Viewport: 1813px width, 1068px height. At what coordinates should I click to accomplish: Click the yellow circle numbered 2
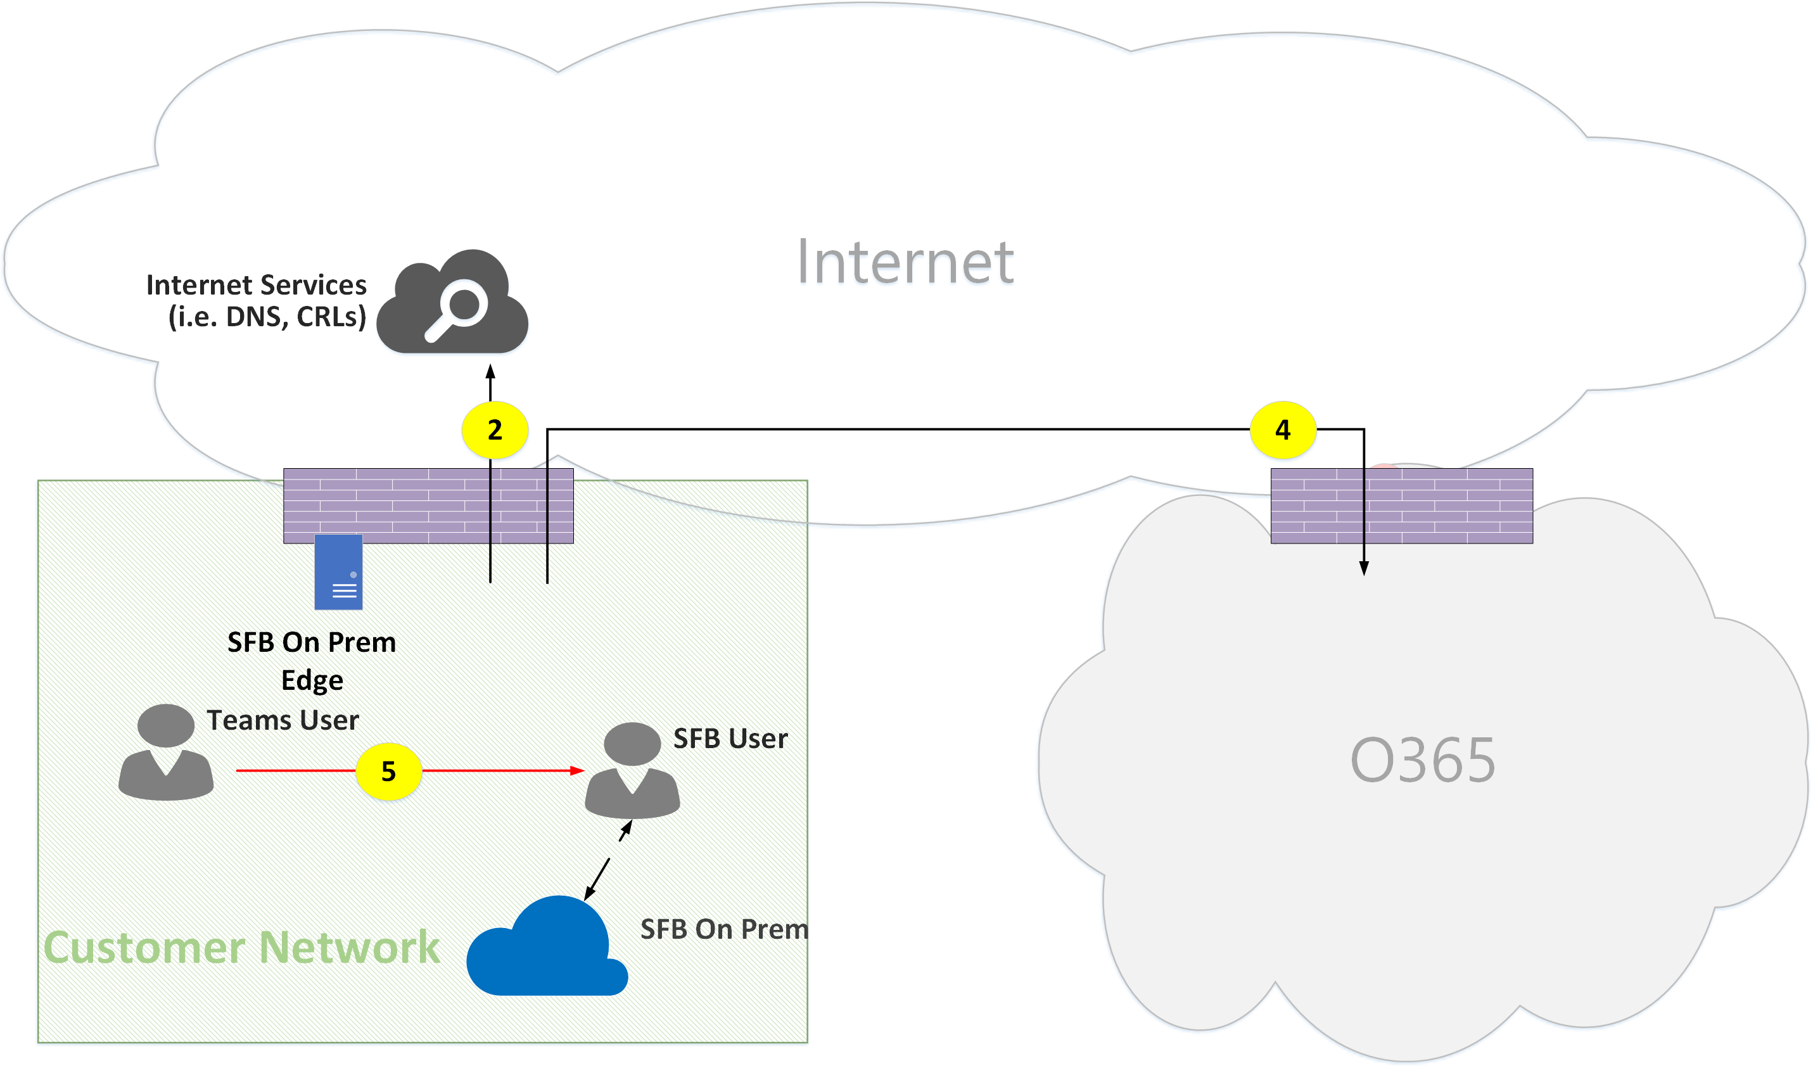point(495,429)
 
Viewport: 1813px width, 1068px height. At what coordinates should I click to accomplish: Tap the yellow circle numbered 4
point(1283,429)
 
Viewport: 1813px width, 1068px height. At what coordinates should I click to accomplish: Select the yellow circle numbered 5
point(389,772)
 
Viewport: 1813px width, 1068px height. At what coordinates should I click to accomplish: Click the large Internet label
point(905,262)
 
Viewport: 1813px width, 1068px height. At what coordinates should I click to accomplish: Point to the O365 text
point(1422,761)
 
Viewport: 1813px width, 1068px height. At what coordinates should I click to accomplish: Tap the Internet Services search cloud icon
point(453,302)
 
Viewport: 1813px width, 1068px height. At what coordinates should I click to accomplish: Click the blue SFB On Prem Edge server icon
point(338,572)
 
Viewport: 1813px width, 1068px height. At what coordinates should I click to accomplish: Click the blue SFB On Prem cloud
point(547,948)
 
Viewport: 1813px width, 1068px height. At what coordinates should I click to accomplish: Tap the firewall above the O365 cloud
point(1401,506)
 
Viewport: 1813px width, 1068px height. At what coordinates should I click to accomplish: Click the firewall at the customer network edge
point(428,506)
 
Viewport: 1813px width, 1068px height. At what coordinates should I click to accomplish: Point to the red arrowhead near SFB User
point(577,771)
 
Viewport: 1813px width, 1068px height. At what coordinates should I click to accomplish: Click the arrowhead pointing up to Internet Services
point(490,371)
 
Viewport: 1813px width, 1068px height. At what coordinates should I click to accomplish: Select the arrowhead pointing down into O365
point(1363,569)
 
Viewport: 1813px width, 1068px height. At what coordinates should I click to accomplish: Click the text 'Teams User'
point(283,720)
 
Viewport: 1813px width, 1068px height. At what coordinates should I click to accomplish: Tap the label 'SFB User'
point(730,739)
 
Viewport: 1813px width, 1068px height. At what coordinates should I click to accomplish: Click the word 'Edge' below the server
point(312,680)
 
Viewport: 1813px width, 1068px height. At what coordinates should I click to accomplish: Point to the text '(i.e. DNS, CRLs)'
point(267,317)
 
